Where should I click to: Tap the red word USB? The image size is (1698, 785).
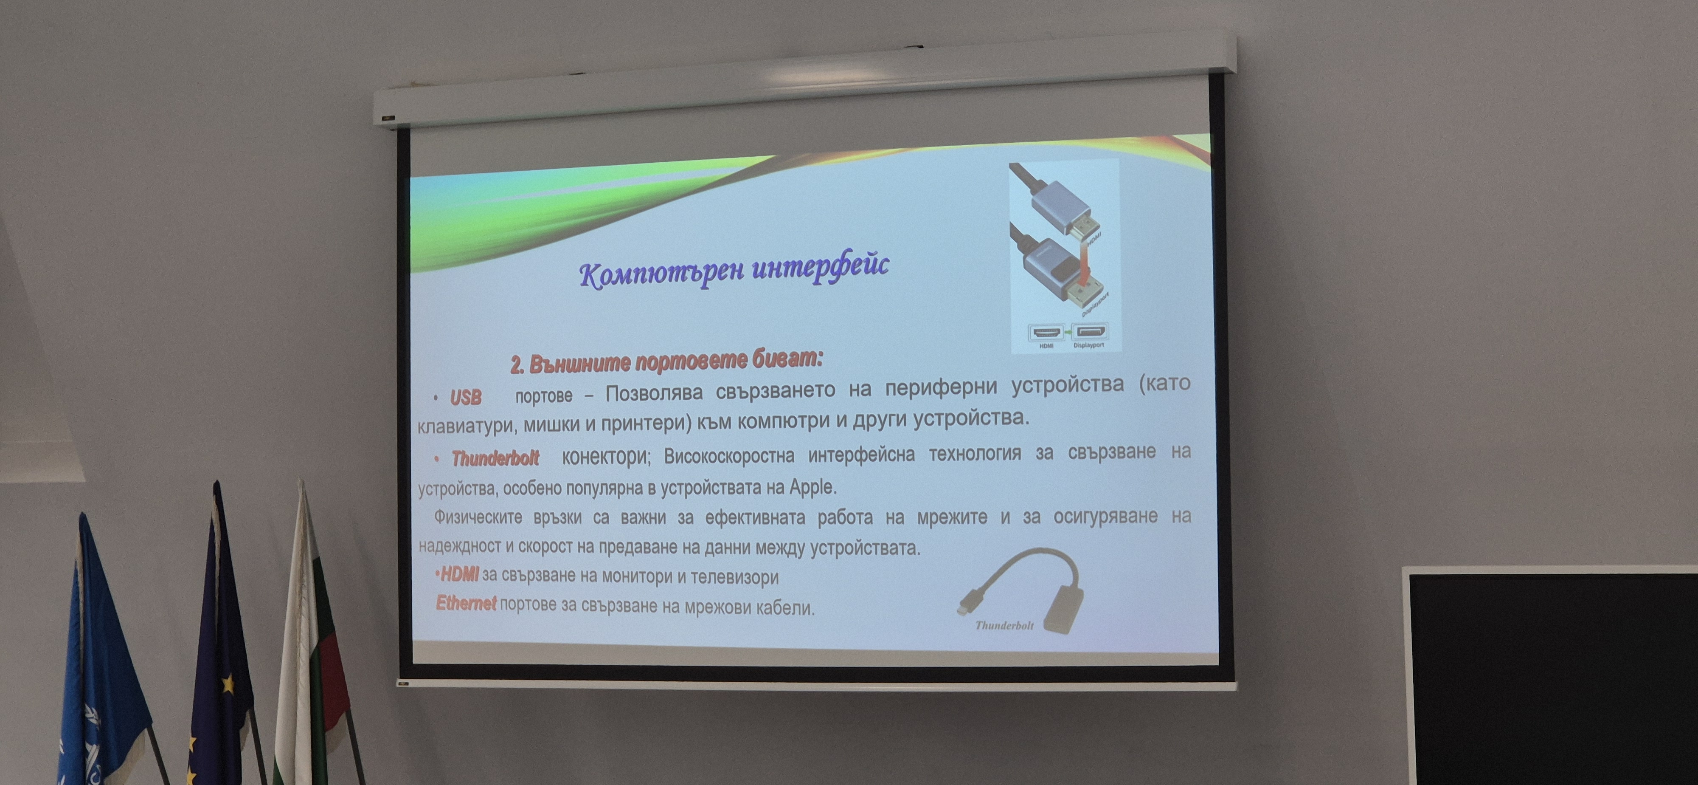465,397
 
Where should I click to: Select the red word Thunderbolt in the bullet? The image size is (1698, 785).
495,458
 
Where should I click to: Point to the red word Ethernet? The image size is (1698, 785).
466,602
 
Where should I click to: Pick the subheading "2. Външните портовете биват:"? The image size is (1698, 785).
666,361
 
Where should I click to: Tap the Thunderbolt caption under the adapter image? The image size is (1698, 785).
1004,625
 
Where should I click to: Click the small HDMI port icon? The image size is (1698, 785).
1046,331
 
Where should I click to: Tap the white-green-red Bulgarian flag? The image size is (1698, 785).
310,647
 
